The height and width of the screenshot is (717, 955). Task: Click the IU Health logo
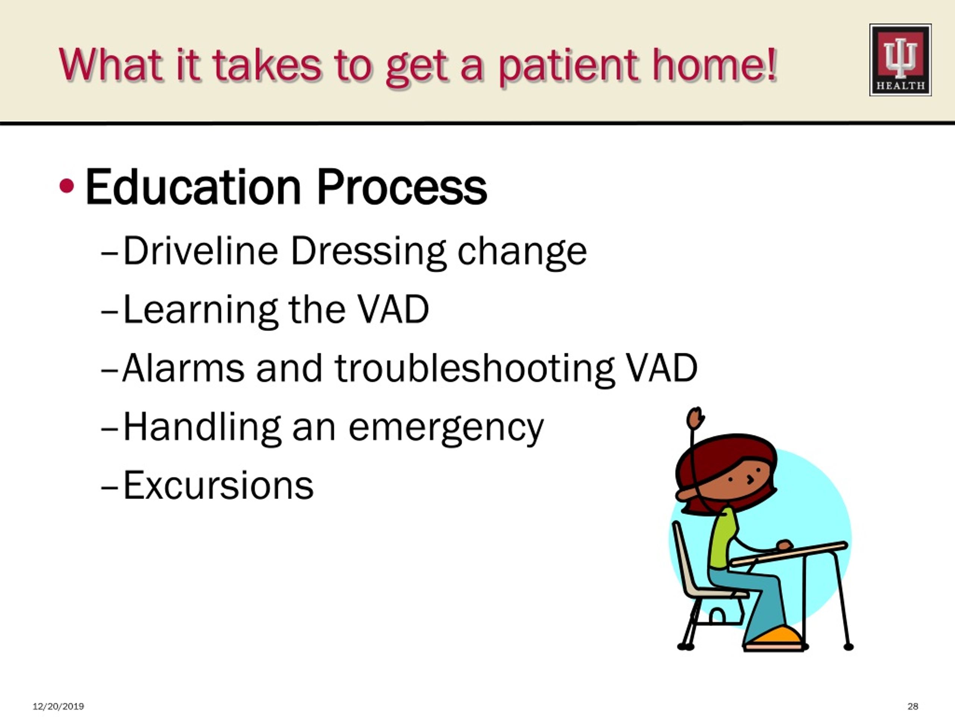click(x=900, y=60)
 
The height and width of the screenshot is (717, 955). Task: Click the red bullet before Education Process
click(x=66, y=186)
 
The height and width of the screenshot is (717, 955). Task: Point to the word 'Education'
click(x=193, y=187)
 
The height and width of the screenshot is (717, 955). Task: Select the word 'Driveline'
click(x=200, y=251)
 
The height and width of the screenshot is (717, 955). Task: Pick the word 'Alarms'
click(x=183, y=368)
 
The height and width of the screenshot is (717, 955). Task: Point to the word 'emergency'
click(x=446, y=429)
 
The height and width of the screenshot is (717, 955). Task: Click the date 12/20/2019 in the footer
click(x=58, y=706)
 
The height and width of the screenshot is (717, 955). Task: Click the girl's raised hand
click(x=695, y=418)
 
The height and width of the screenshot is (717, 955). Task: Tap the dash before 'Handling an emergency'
click(x=109, y=431)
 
